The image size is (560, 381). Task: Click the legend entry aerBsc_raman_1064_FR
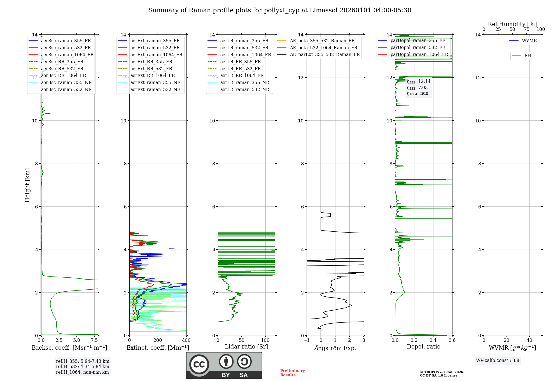[x=67, y=55]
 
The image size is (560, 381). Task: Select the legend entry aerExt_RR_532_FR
[x=151, y=69]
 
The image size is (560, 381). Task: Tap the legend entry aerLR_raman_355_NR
[x=244, y=82]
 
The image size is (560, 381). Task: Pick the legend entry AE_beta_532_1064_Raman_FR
[x=323, y=48]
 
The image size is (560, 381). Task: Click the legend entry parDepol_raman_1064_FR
[x=419, y=54]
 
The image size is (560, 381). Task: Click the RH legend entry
[x=528, y=56]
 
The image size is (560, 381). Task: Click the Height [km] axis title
[x=27, y=185]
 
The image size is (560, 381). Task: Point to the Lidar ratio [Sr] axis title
[x=246, y=347]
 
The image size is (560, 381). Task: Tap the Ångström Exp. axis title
[x=335, y=348]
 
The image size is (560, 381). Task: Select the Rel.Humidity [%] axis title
[x=512, y=24]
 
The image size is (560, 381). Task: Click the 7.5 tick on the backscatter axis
[x=95, y=340]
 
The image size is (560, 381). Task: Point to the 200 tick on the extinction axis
[x=158, y=340]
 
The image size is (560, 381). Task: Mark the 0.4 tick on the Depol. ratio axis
[x=433, y=340]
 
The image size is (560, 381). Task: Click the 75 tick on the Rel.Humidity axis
[x=527, y=29]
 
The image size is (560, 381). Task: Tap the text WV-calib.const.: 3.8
[x=498, y=361]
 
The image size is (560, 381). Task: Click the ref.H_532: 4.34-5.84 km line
[x=82, y=367]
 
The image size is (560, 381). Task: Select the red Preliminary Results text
[x=292, y=373]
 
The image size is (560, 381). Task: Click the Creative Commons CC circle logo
[x=199, y=364]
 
